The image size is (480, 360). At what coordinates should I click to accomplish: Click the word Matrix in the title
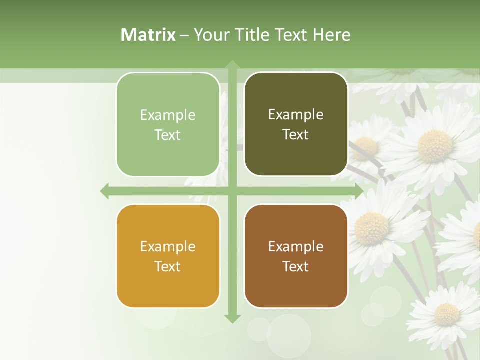pyautogui.click(x=148, y=35)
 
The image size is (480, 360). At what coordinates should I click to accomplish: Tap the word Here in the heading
pyautogui.click(x=331, y=35)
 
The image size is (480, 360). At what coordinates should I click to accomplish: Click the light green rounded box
pyautogui.click(x=168, y=124)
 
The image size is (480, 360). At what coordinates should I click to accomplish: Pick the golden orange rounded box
pyautogui.click(x=168, y=256)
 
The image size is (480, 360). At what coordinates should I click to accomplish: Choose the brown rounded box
pyautogui.click(x=296, y=256)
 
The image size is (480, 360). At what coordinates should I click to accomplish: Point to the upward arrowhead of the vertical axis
pyautogui.click(x=232, y=65)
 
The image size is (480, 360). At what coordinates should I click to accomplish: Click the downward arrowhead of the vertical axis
pyautogui.click(x=232, y=318)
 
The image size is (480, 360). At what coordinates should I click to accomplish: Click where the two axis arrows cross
pyautogui.click(x=232, y=191)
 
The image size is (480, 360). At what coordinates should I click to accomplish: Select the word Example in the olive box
pyautogui.click(x=296, y=114)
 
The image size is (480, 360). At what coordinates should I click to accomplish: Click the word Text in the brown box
pyautogui.click(x=296, y=266)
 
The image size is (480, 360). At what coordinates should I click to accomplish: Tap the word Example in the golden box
pyautogui.click(x=168, y=246)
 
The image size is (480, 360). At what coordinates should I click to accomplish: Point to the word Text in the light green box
pyautogui.click(x=168, y=135)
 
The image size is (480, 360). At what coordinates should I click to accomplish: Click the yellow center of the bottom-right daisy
pyautogui.click(x=446, y=314)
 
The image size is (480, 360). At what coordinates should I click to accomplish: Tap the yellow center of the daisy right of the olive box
pyautogui.click(x=435, y=145)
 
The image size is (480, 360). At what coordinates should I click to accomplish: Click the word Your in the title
pyautogui.click(x=209, y=35)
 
